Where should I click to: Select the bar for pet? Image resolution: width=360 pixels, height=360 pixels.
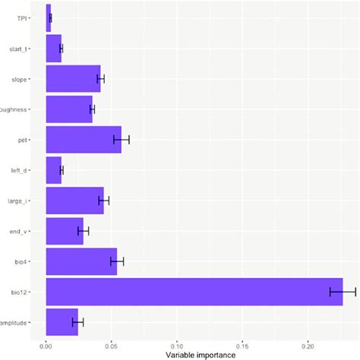pos(84,140)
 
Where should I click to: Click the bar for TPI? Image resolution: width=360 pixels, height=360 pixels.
pos(49,17)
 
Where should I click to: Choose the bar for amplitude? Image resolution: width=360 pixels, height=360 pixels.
pos(62,322)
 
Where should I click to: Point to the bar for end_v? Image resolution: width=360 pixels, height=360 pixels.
pos(65,231)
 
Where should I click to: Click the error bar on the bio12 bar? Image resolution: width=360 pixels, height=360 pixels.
pos(343,292)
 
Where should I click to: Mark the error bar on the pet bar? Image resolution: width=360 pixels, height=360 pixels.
pos(122,140)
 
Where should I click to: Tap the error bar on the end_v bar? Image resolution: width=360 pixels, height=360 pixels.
pos(84,231)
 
